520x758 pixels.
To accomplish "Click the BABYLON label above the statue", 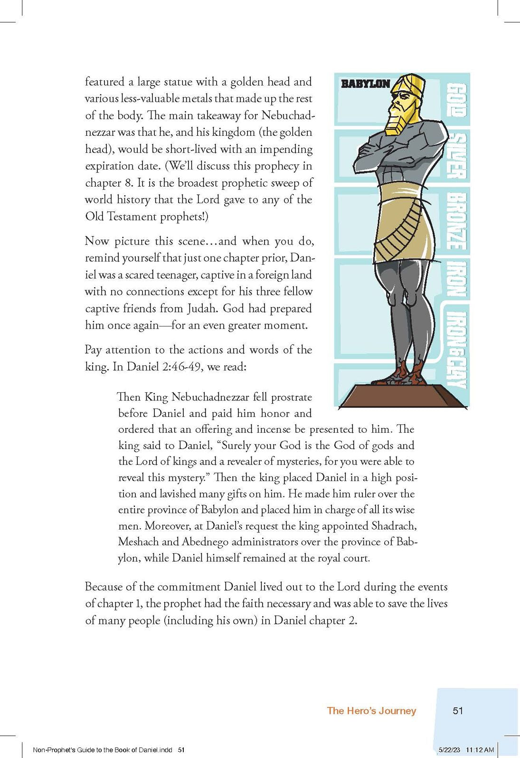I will point(365,84).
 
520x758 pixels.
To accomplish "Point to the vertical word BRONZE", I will point(458,221).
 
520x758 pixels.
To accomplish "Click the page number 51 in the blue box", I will point(458,711).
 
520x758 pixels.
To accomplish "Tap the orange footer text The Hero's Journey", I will point(371,711).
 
